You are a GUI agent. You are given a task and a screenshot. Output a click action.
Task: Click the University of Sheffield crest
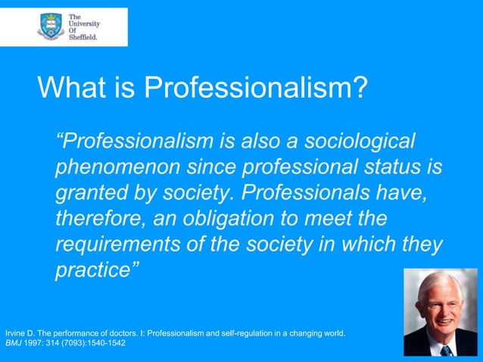tap(51, 27)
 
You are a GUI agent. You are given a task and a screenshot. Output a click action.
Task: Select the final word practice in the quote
tap(94, 271)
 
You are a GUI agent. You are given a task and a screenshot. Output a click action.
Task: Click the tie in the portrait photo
tap(446, 350)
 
